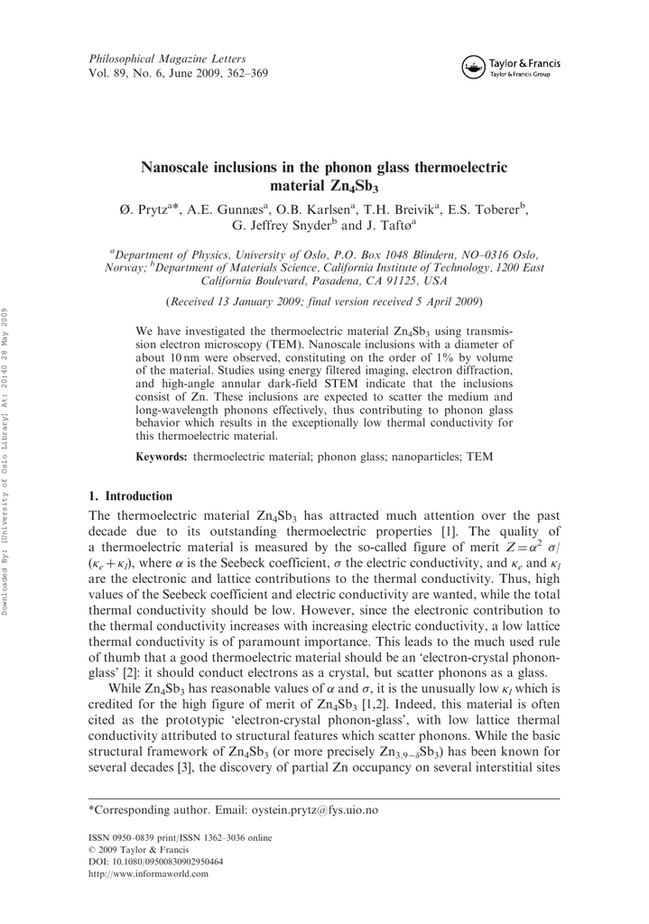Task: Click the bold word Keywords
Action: [162, 457]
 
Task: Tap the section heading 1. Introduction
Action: [130, 496]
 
